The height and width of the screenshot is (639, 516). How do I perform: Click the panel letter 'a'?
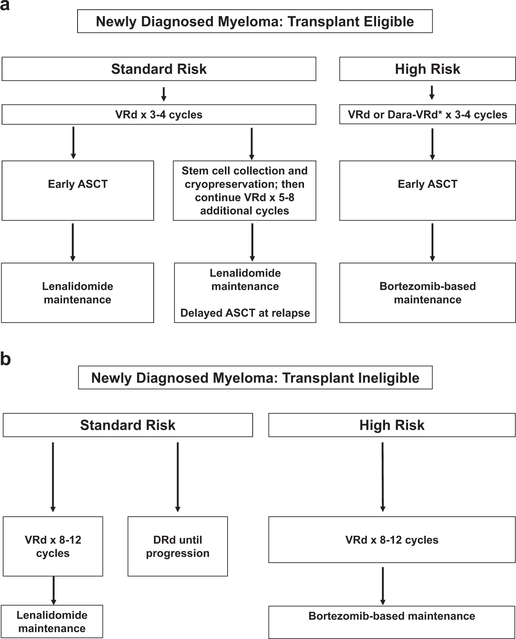tap(5, 5)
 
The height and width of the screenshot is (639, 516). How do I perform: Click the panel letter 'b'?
tap(5, 359)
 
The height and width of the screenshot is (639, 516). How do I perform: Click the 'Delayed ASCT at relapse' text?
tap(245, 313)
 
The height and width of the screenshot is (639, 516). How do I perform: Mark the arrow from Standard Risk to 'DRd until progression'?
tap(178, 477)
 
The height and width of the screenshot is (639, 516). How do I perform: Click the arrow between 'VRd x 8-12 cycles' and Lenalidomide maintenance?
tap(53, 590)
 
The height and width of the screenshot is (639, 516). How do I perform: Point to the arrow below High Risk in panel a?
tap(431, 93)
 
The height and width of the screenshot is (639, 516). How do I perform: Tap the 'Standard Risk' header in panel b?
tap(128, 425)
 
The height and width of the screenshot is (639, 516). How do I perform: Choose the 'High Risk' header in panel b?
tap(392, 425)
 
